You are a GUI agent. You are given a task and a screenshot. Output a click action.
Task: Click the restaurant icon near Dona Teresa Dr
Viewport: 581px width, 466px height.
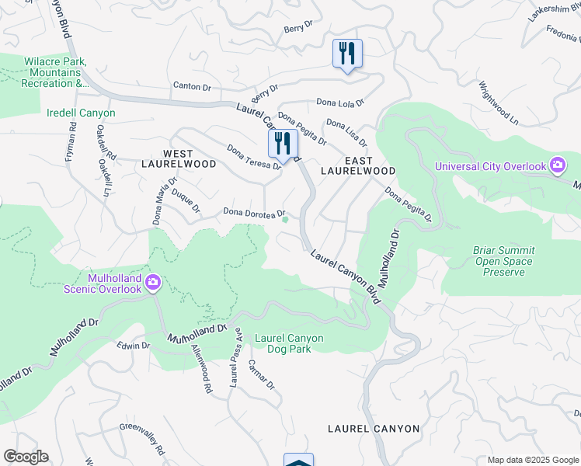click(283, 143)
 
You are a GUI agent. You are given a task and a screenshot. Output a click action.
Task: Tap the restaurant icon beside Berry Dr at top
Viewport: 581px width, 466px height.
click(346, 54)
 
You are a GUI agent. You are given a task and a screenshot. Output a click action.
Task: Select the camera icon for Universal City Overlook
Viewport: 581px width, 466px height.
click(557, 165)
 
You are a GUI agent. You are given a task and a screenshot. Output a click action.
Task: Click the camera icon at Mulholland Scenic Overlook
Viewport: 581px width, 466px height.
click(153, 282)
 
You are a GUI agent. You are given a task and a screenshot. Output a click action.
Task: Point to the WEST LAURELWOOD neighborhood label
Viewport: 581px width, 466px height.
click(179, 159)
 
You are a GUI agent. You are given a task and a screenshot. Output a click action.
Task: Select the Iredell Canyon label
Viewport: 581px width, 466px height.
click(81, 113)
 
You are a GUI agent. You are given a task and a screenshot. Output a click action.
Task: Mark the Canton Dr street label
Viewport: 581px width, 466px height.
click(192, 86)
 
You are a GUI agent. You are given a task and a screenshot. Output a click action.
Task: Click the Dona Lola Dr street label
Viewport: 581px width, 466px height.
click(339, 103)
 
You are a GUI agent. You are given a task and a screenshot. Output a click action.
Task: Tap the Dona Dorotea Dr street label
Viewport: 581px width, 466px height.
click(255, 212)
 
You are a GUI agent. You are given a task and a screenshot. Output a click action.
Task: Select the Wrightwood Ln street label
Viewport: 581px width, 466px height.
click(498, 103)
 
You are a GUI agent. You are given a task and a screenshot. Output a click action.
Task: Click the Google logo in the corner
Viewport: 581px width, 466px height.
click(26, 457)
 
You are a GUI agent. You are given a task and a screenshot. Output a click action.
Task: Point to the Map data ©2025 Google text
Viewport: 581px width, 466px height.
click(532, 460)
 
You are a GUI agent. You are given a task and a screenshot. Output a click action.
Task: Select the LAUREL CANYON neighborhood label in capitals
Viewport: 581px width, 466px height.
click(374, 429)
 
